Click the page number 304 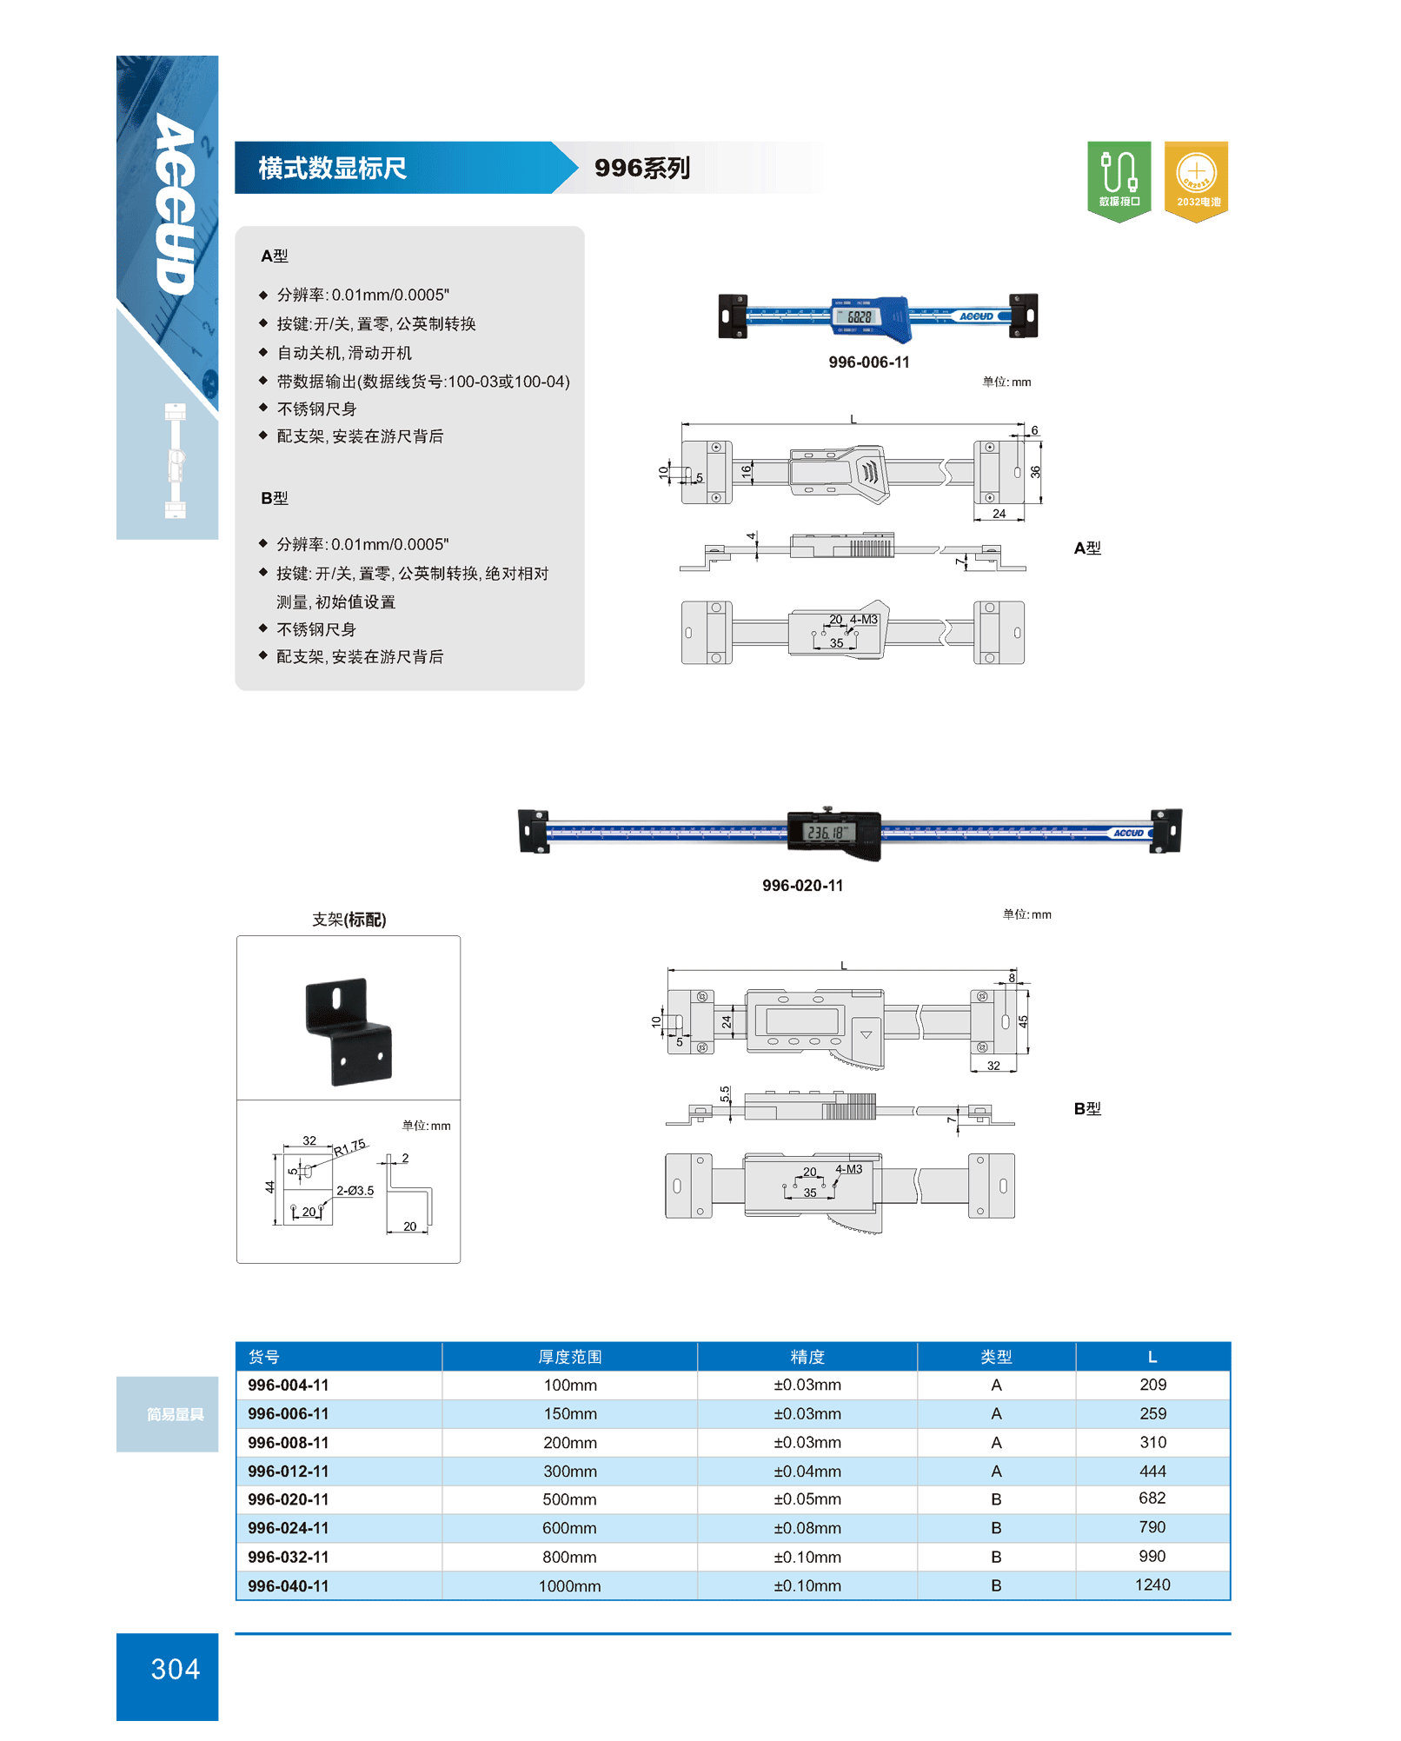pos(175,1669)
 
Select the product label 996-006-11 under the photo pos(868,362)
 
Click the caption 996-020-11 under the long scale pos(802,886)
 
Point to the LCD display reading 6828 pos(859,316)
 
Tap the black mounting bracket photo pos(349,1032)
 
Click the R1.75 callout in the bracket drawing pos(350,1147)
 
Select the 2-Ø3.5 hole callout pos(355,1191)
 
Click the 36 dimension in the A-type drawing pos(1035,472)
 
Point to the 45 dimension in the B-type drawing pos(1023,1021)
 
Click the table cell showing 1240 pos(1152,1585)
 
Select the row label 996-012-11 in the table pos(289,1472)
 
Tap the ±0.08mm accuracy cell pos(807,1528)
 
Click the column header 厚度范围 pos(569,1357)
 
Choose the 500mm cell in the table pos(569,1499)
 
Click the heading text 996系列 pos(642,168)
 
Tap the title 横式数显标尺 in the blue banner pos(332,168)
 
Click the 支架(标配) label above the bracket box pos(349,920)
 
